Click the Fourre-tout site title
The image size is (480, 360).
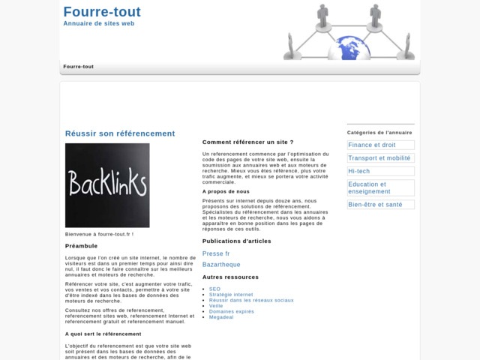tap(102, 12)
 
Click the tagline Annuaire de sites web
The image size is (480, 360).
tap(99, 24)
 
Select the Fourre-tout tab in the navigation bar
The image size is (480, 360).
tap(79, 67)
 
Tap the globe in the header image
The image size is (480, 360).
tap(353, 49)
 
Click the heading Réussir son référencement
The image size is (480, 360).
tap(120, 133)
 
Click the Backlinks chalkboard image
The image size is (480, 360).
tap(107, 185)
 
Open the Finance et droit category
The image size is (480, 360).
tap(372, 145)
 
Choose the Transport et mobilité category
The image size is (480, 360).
tap(379, 158)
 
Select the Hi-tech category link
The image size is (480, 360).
tap(359, 171)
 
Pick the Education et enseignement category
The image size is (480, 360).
tap(367, 187)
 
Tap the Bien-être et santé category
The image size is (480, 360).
tap(375, 204)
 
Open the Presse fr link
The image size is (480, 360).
tap(216, 253)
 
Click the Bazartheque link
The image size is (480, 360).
tap(221, 264)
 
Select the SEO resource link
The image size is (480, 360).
tap(214, 289)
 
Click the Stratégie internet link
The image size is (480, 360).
tap(231, 295)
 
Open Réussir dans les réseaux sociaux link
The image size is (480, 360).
tap(251, 300)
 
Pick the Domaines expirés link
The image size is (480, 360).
tap(232, 311)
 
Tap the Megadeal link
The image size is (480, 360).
tap(221, 316)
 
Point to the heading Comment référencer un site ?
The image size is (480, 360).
tap(247, 142)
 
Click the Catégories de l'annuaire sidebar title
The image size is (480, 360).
tap(379, 133)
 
